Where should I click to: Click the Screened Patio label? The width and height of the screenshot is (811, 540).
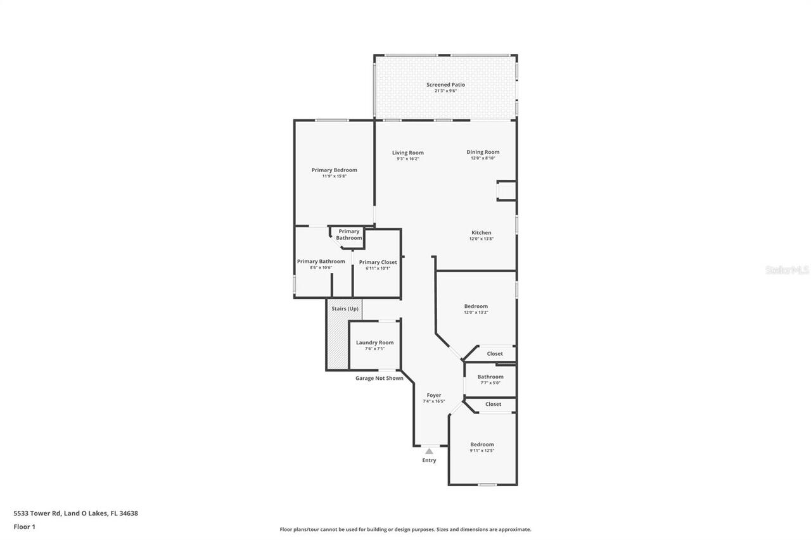coord(445,85)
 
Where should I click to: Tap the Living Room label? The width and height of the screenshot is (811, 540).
coord(407,153)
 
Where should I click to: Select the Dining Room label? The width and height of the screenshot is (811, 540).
coord(483,152)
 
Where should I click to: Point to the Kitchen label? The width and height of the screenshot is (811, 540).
coord(481,233)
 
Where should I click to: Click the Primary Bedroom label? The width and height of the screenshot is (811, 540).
coord(334,170)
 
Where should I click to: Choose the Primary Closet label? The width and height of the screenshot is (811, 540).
coord(378,262)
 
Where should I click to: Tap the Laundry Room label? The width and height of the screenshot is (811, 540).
coord(374,342)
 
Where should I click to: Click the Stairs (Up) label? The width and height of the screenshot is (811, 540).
coord(345,309)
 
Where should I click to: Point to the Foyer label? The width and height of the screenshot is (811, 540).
coord(433,395)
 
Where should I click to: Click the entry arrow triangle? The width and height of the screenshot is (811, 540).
coord(429,451)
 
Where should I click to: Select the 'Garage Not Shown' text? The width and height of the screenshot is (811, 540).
coord(379,379)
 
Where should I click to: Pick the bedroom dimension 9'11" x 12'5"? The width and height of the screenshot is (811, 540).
coord(482,451)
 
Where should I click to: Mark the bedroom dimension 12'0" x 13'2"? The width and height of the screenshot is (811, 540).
coord(476,312)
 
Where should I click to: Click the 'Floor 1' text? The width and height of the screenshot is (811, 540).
coord(24,527)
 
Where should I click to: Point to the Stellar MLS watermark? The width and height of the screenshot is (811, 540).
coord(787,270)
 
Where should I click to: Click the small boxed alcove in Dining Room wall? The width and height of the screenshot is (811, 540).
coord(506,191)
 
